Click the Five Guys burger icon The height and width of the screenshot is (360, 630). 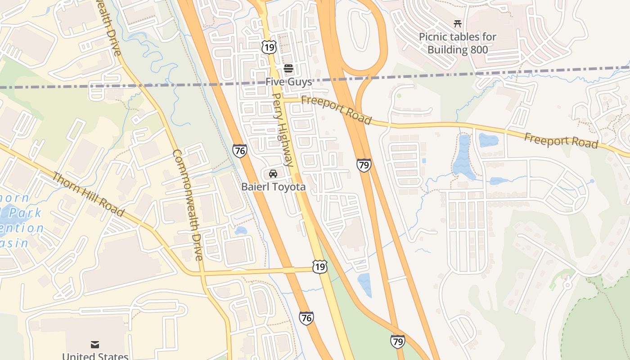coord(288,68)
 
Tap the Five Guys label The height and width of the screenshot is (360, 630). coord(288,82)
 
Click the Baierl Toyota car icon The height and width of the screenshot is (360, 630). coord(273,174)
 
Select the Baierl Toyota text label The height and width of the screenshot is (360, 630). coord(274,187)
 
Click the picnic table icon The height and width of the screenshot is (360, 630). coord(458,24)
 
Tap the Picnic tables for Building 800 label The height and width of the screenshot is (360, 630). coord(458,43)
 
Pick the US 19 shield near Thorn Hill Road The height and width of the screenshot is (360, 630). coord(320,267)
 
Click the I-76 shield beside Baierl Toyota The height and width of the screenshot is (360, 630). coord(240,151)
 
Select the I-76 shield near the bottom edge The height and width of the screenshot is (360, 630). coord(306,318)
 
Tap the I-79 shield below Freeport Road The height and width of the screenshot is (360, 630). coord(364,165)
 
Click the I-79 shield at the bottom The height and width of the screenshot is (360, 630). coord(397,342)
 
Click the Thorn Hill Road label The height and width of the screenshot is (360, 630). coord(87,193)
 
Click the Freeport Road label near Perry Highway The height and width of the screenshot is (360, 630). coord(336,109)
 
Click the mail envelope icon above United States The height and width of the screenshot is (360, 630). coord(94,345)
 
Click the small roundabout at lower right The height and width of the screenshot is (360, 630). coord(567,285)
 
